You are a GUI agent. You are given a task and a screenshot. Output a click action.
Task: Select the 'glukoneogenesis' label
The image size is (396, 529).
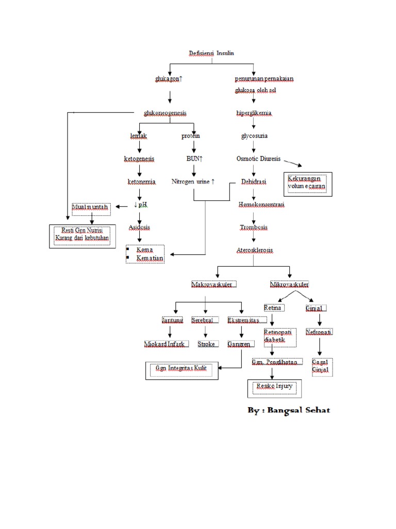point(165,113)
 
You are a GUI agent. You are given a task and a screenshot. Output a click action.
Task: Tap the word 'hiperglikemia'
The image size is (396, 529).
point(254,113)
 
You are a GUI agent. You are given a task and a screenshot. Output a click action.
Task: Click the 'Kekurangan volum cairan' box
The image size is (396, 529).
point(308,184)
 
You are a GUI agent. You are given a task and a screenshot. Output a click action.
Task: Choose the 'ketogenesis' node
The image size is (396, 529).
point(139,159)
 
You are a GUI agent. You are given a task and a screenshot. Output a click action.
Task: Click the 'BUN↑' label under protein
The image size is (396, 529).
point(194,159)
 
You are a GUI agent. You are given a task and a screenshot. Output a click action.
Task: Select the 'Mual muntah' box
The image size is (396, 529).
point(91,207)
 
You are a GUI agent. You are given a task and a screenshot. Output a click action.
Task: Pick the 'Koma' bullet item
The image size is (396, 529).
point(144,250)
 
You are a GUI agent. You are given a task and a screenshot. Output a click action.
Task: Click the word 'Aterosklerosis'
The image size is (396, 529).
point(255,250)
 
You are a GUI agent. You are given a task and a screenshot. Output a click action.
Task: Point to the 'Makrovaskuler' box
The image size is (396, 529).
point(213,284)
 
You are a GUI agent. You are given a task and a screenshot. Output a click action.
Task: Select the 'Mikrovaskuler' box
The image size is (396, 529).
point(290,284)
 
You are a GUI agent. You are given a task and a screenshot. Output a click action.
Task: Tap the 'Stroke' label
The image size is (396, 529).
point(206,344)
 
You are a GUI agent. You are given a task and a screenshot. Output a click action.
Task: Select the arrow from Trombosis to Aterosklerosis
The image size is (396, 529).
point(254,239)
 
